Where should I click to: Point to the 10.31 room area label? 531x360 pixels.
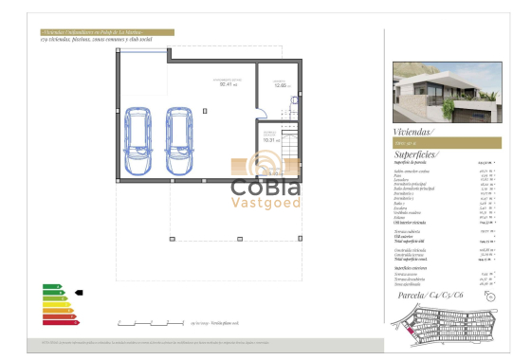[269, 139]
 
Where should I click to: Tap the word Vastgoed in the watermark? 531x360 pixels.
[265, 202]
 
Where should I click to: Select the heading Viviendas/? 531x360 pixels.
[412, 132]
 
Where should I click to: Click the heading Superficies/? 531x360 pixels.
[416, 153]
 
